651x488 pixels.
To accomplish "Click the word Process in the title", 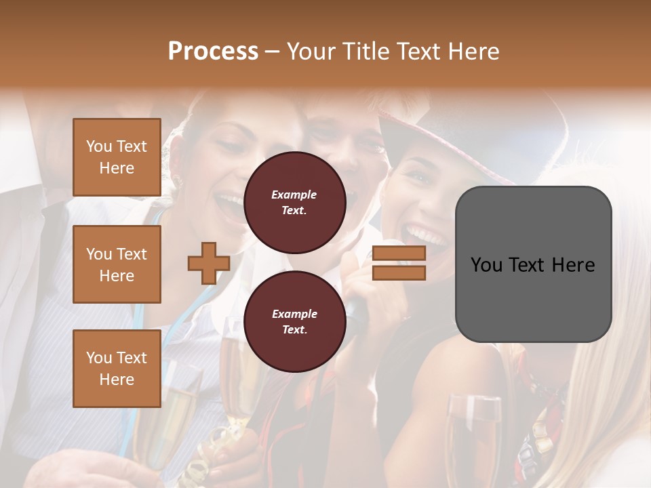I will (213, 52).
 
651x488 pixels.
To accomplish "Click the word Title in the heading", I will (367, 52).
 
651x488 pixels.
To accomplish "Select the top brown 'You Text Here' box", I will (117, 157).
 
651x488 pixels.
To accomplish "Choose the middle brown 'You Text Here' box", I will (117, 264).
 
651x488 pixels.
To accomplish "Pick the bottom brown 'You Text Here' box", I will (117, 368).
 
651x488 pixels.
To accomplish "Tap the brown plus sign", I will (209, 264).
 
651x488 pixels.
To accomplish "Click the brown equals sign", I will (399, 263).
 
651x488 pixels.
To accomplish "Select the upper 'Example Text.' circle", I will (294, 202).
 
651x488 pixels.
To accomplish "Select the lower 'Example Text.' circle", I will (294, 321).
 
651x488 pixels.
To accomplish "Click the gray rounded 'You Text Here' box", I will (533, 264).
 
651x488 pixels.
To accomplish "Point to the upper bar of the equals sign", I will (399, 253).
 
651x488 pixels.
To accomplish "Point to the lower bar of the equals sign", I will (399, 272).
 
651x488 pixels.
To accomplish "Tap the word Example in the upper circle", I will (294, 195).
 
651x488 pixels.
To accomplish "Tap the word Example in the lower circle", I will (294, 314).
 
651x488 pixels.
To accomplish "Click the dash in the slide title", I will (273, 52).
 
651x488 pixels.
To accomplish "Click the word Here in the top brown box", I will (117, 168).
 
